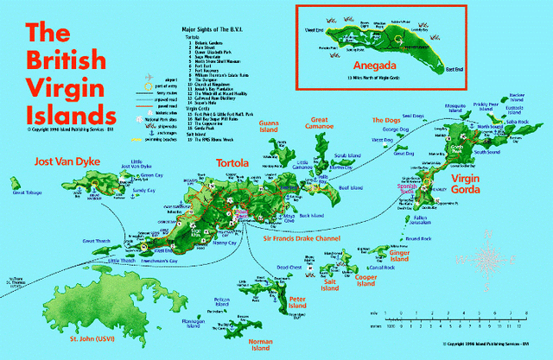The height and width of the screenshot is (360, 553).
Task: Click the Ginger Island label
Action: [x=398, y=256]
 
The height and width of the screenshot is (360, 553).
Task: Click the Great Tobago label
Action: [x=25, y=193]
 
